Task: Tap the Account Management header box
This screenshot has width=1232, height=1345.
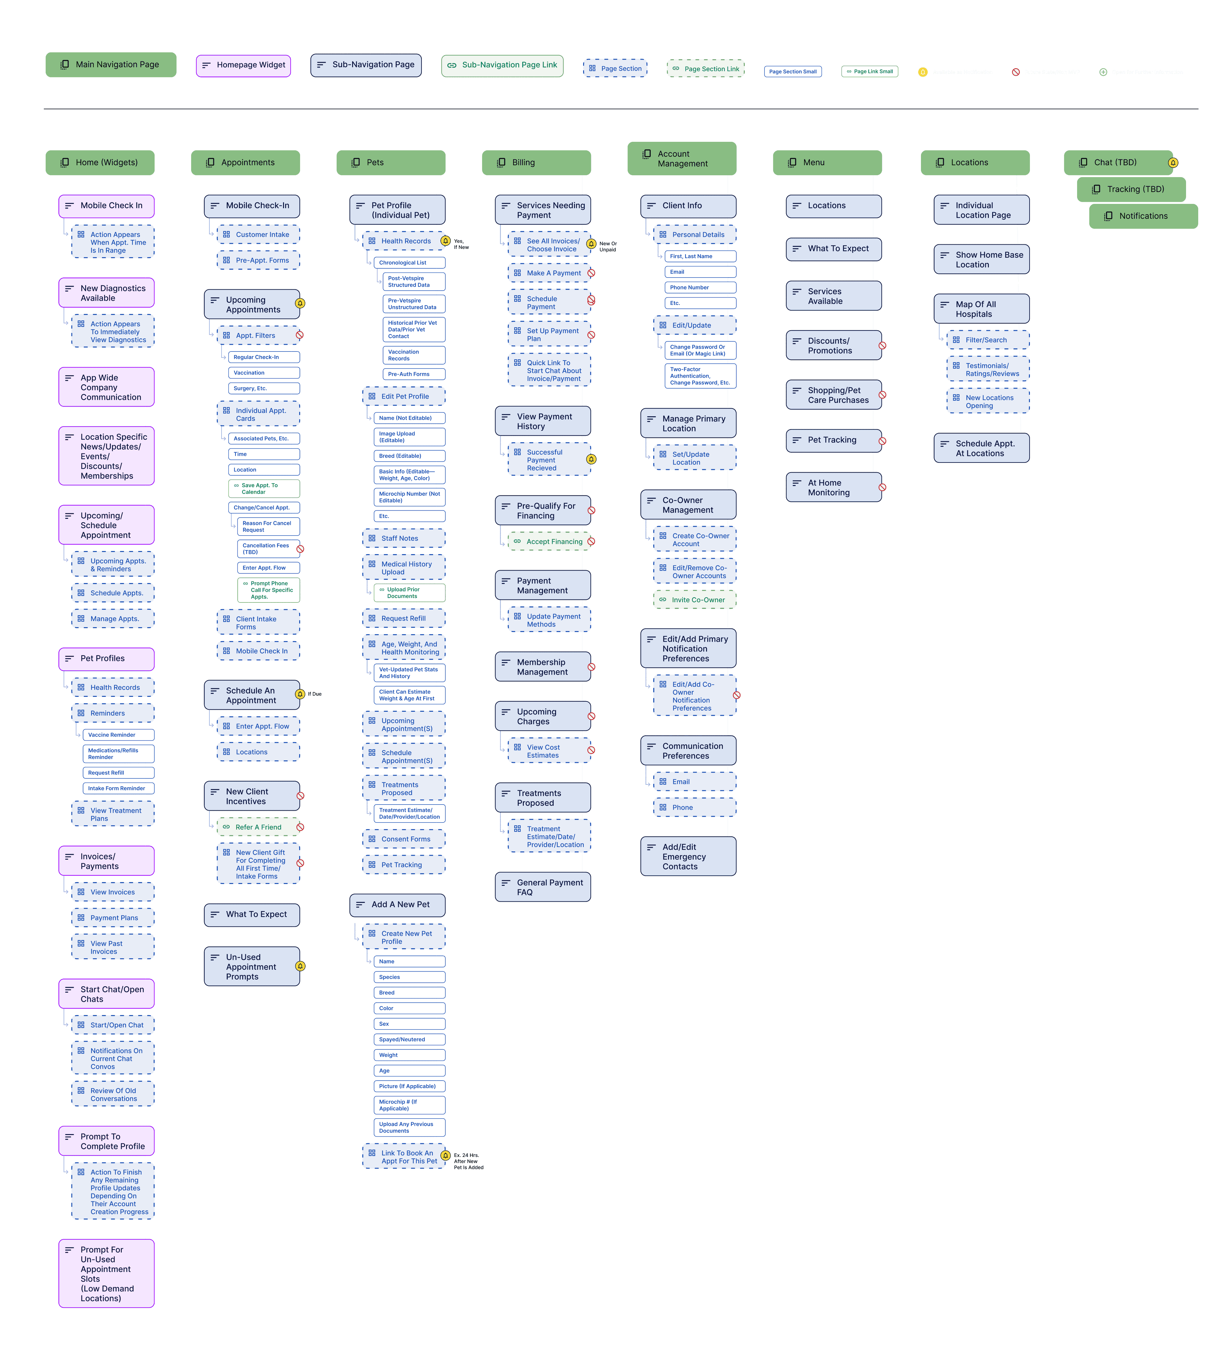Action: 681,159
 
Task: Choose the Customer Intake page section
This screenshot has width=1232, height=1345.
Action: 258,235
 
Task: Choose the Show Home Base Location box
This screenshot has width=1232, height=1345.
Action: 981,260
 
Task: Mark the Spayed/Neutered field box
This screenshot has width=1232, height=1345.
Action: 409,1039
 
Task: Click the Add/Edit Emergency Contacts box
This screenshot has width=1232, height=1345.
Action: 688,857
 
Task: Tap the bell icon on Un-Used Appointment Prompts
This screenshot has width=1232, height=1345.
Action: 300,966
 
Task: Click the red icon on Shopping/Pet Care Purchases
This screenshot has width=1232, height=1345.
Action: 882,395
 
